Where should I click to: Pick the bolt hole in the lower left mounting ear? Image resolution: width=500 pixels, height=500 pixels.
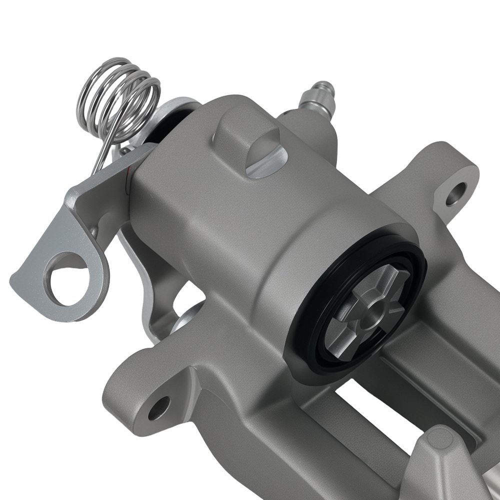[159, 407]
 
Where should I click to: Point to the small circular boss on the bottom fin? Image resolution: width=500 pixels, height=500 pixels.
[440, 440]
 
